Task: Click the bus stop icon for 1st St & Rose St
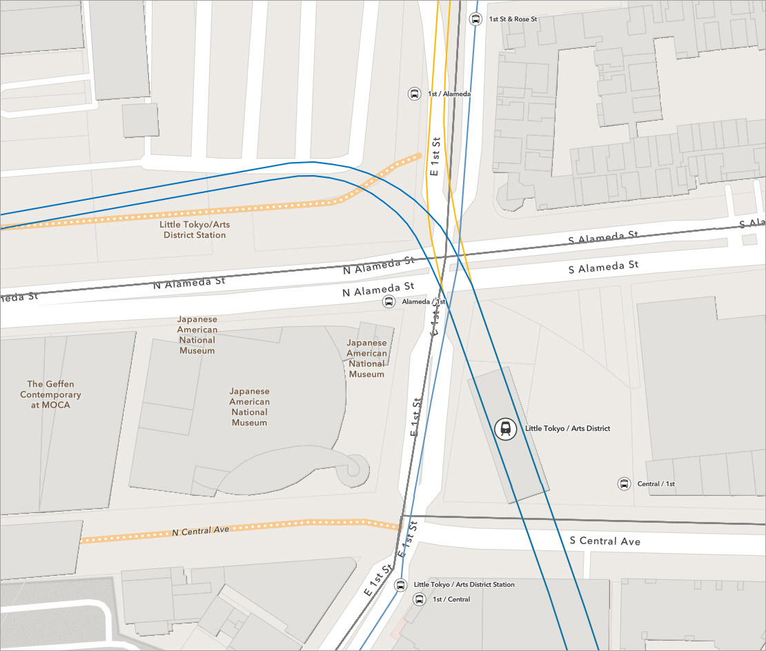pos(475,19)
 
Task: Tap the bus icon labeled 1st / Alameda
pos(414,94)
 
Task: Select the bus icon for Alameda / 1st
pos(389,302)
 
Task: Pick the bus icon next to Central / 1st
pos(624,484)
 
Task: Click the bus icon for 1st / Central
pos(419,599)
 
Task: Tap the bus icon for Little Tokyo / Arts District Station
pos(400,585)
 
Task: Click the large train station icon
pos(506,429)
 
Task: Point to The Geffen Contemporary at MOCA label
pos(50,394)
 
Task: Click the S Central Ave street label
pos(605,541)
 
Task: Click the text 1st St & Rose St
pos(513,19)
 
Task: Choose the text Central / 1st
pos(656,484)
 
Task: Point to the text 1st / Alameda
pos(449,94)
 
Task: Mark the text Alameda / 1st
pos(424,302)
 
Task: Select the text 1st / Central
pos(451,599)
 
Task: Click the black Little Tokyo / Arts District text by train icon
pos(567,429)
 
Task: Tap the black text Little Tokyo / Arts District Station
pos(464,585)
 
